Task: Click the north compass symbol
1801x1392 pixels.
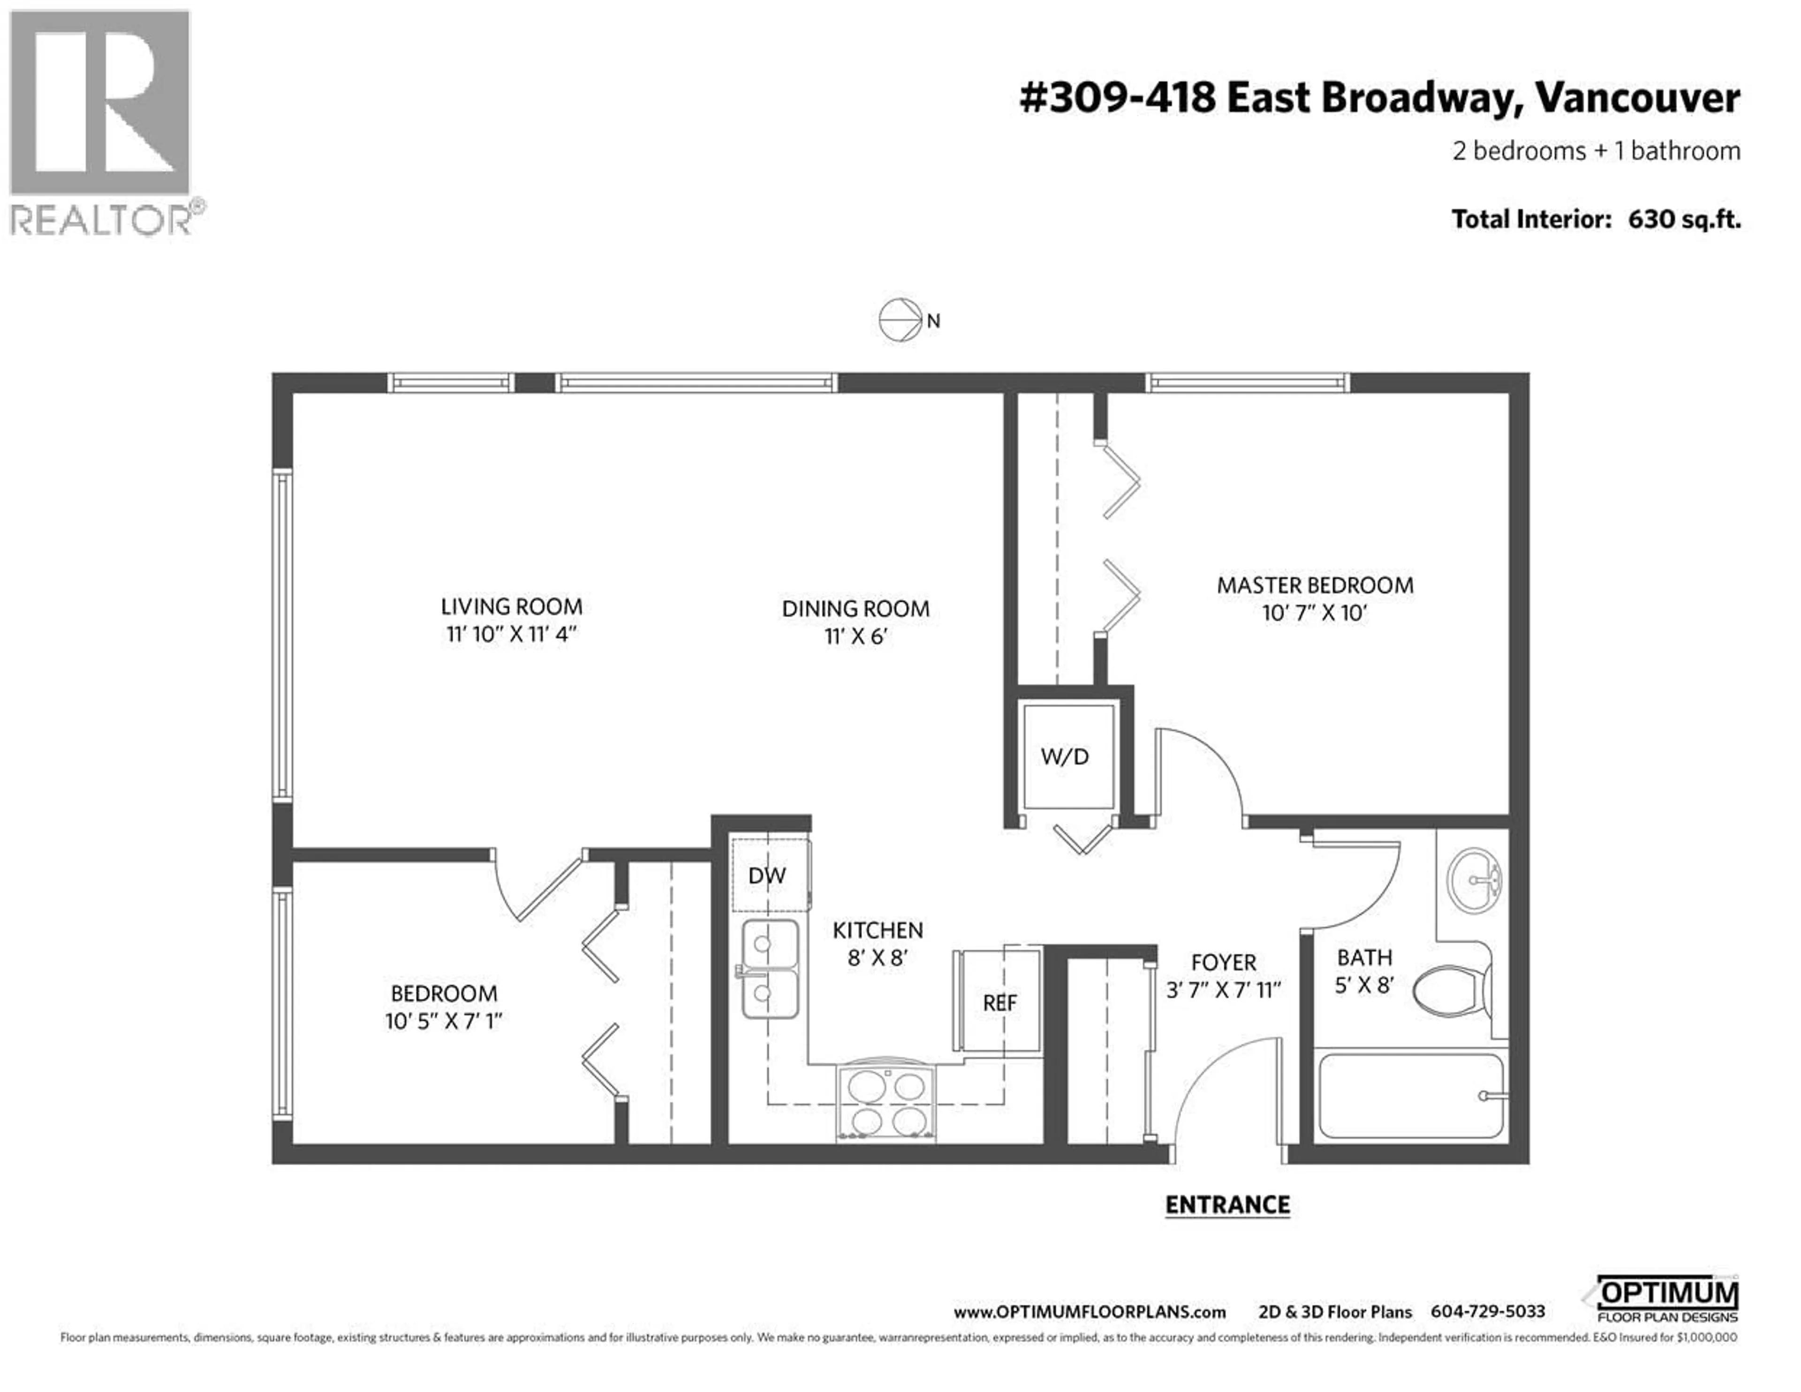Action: (x=900, y=320)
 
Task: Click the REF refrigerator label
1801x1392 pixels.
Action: (x=999, y=1003)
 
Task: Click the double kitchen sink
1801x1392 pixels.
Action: (x=770, y=970)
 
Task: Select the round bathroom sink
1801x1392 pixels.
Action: (x=1475, y=882)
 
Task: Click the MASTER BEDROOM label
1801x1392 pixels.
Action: (x=1315, y=585)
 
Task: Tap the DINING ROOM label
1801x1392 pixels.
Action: (x=855, y=609)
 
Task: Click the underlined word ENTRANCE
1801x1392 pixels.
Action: (x=1227, y=1205)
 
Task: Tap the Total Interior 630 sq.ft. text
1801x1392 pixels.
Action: (x=1596, y=219)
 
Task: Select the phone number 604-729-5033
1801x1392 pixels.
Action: (x=1488, y=1312)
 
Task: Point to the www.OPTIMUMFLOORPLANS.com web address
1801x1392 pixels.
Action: (x=1090, y=1312)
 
